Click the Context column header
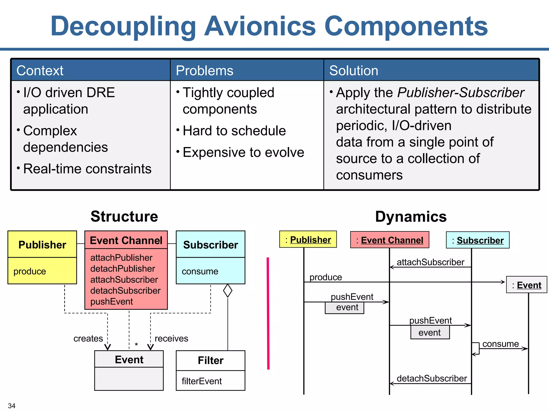click(x=40, y=71)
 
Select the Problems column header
click(x=205, y=71)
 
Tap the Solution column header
click(x=354, y=71)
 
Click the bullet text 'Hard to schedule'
click(x=234, y=131)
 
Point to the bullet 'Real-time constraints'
click(x=87, y=169)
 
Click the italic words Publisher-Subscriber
click(x=461, y=93)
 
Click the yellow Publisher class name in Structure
click(x=42, y=245)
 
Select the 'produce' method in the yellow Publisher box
click(x=30, y=271)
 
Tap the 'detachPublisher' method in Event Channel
click(x=123, y=269)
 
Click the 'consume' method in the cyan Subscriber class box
click(x=200, y=271)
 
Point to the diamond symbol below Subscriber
click(x=228, y=291)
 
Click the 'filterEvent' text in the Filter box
click(x=202, y=381)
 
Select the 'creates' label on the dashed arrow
click(x=88, y=339)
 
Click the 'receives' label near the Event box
click(x=171, y=339)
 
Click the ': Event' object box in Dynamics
click(x=526, y=285)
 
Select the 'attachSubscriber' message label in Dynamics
click(x=430, y=262)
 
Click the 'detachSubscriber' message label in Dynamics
click(x=432, y=378)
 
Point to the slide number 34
click(x=12, y=406)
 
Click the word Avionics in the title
click(x=260, y=26)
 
